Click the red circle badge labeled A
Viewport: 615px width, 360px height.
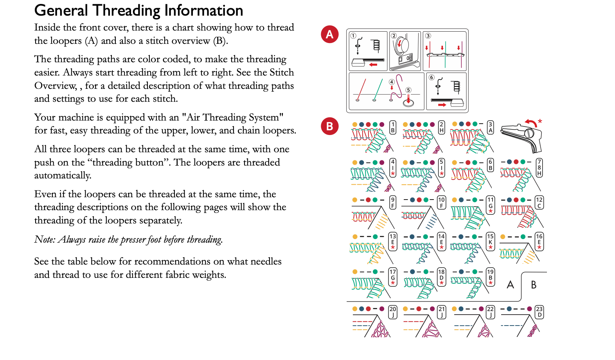329,34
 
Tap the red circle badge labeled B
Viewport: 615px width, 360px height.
329,126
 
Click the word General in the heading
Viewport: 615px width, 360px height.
61,11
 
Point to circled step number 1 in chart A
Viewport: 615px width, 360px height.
353,36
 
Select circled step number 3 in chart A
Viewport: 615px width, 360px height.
428,36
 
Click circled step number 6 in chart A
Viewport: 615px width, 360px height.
432,77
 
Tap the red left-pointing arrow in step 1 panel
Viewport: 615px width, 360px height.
373,65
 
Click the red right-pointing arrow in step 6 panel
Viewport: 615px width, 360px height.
442,105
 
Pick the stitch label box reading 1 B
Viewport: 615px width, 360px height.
393,128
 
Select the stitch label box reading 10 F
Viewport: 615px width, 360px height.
441,203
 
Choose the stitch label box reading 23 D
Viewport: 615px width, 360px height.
539,312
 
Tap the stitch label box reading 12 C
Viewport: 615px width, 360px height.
539,203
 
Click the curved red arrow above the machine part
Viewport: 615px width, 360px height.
531,123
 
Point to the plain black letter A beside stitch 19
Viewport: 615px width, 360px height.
510,285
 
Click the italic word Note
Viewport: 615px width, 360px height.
45,239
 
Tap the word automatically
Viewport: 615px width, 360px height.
63,175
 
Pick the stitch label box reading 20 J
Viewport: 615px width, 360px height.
393,312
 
